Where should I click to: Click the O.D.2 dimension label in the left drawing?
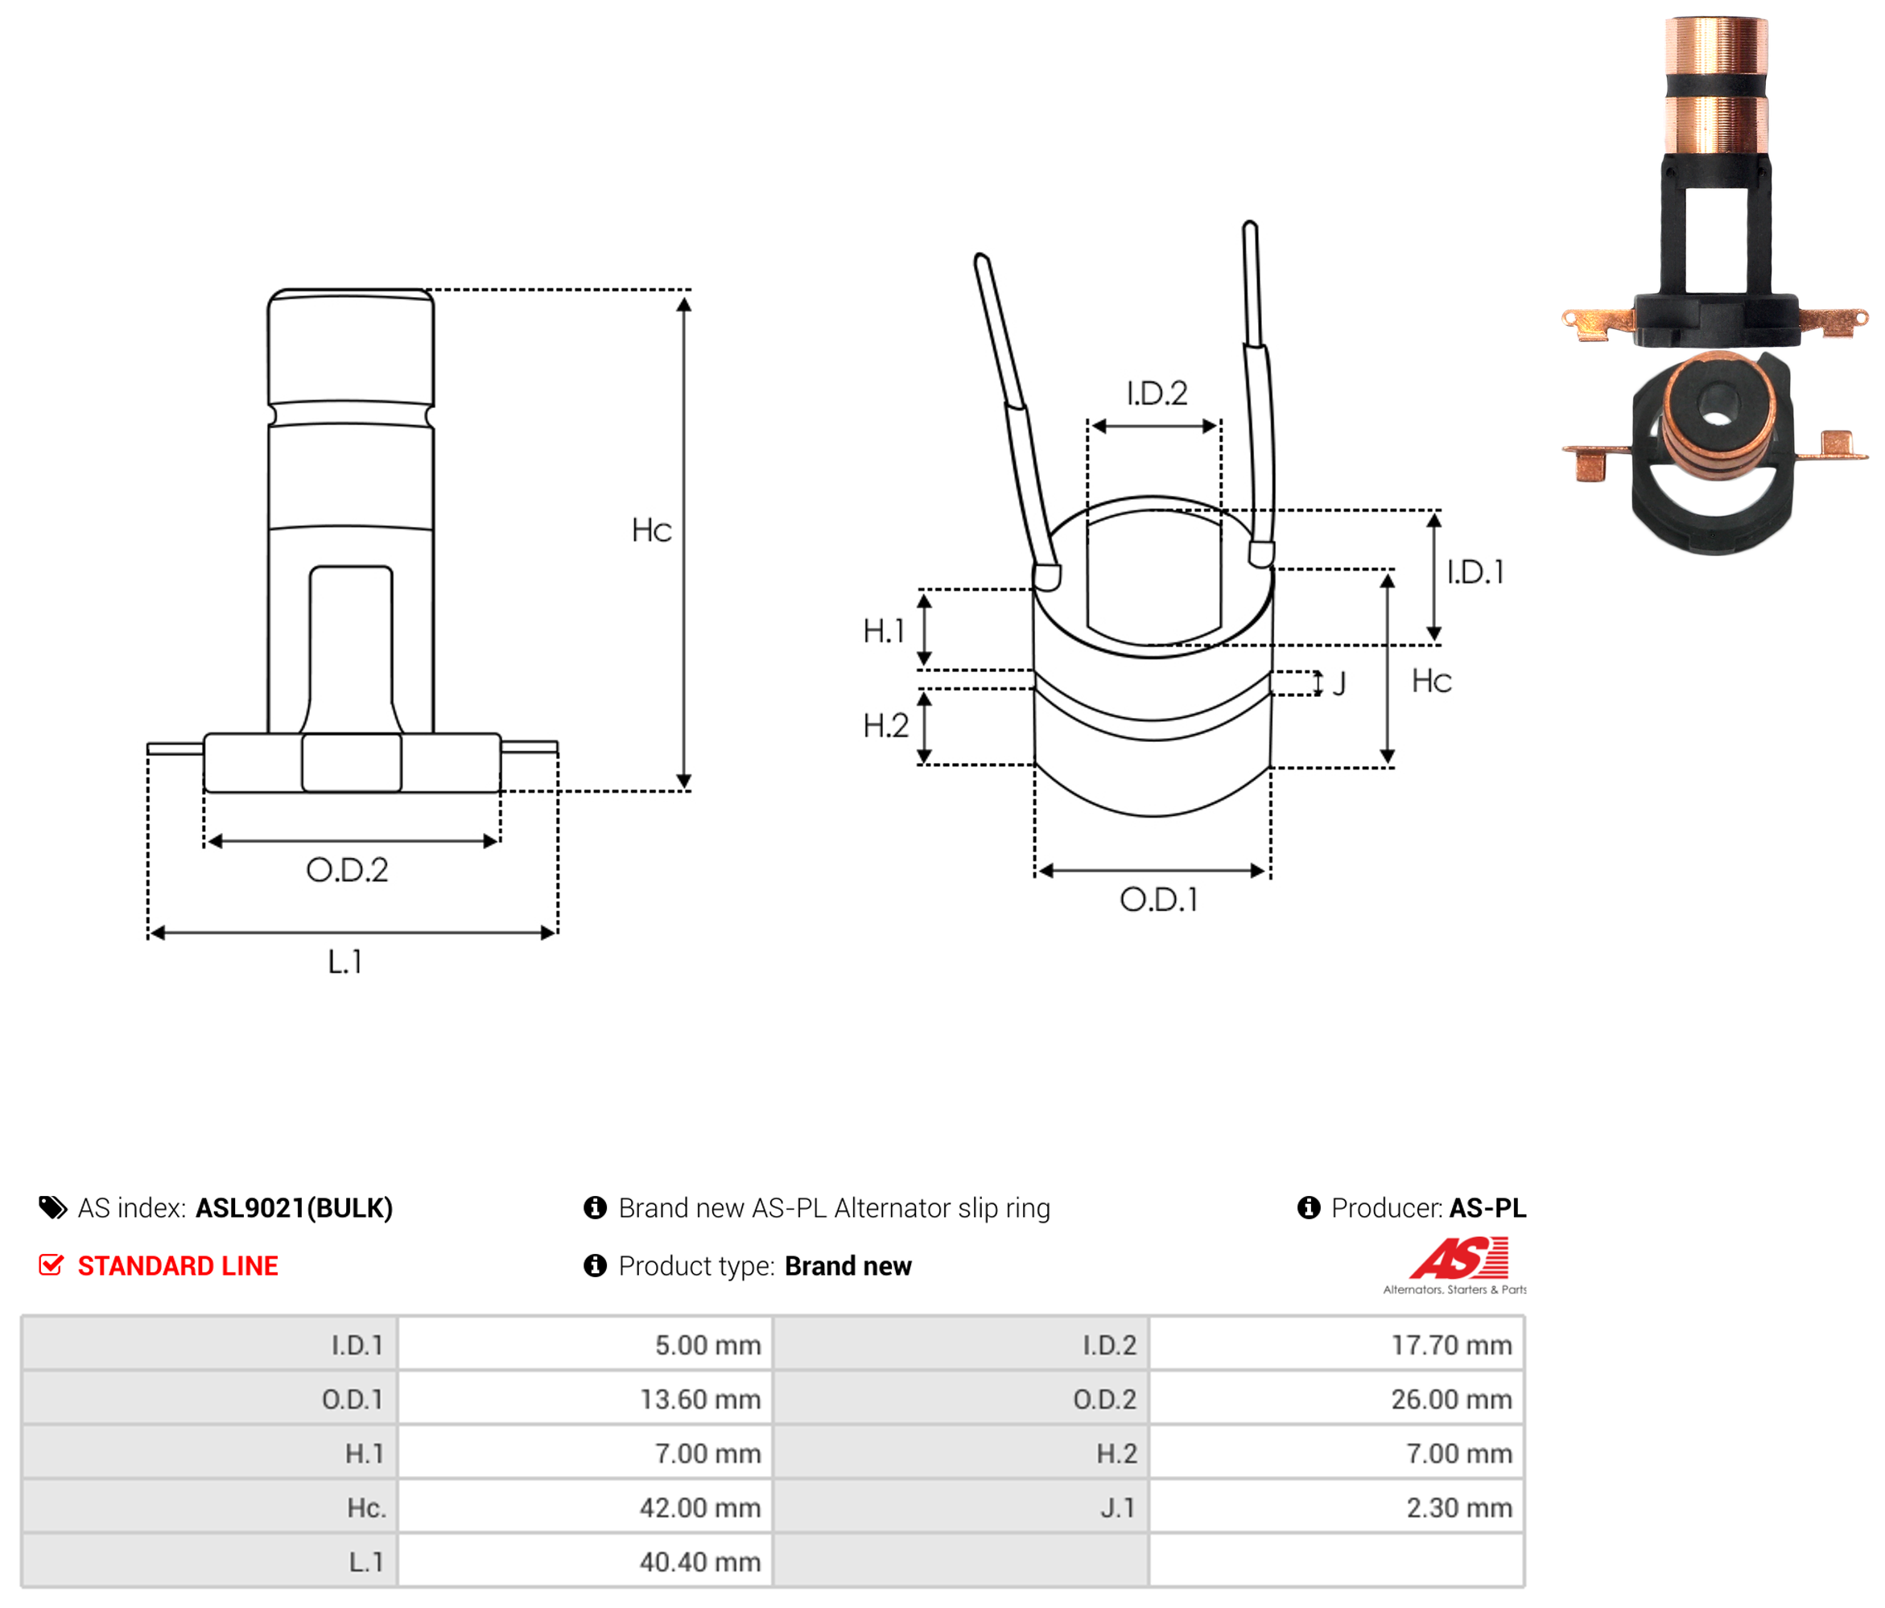click(347, 870)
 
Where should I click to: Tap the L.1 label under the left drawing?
click(346, 962)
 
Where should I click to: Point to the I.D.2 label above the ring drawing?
click(1157, 393)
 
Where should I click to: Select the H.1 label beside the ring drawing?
click(885, 630)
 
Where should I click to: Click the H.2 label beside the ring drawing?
click(886, 725)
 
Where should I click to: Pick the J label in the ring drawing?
click(1339, 683)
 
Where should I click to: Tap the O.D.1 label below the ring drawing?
click(1159, 900)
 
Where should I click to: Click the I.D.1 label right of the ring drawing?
click(1475, 572)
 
